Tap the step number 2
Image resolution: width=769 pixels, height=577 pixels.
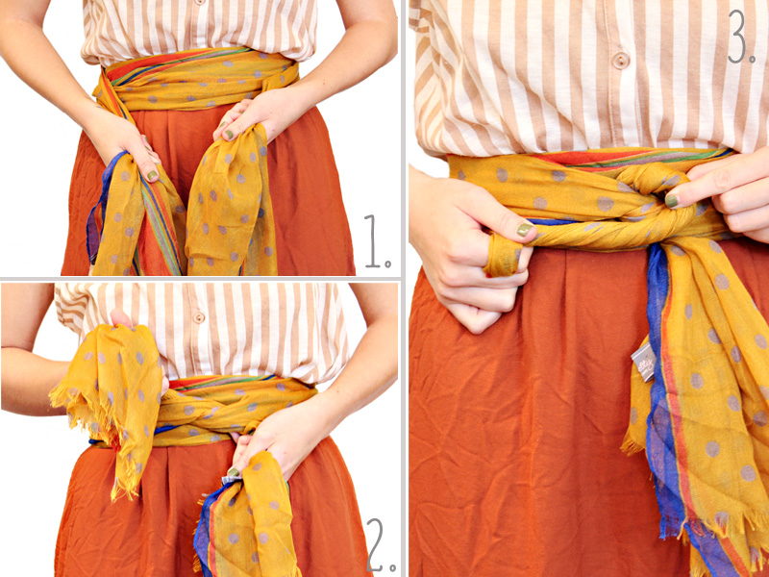pos(380,546)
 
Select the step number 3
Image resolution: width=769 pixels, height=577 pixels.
pos(741,38)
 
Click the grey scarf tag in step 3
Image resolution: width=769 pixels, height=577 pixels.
pos(643,364)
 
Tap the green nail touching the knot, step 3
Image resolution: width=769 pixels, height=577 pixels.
pos(672,200)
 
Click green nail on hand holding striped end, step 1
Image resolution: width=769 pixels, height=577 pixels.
pos(152,175)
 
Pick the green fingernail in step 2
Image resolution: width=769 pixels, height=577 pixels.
pos(232,471)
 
